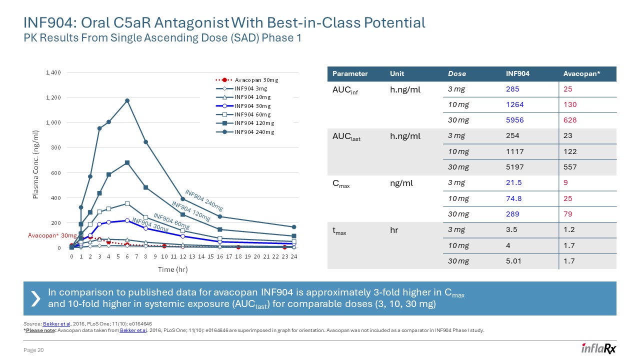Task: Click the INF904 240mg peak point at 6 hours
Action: pos(127,100)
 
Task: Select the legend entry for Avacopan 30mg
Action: pos(252,79)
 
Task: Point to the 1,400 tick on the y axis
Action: pos(53,73)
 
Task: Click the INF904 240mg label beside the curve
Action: pos(203,199)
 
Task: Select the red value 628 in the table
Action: pos(569,120)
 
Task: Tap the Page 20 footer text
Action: pos(34,350)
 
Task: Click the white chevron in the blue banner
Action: pos(35,298)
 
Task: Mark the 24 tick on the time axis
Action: pos(294,255)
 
